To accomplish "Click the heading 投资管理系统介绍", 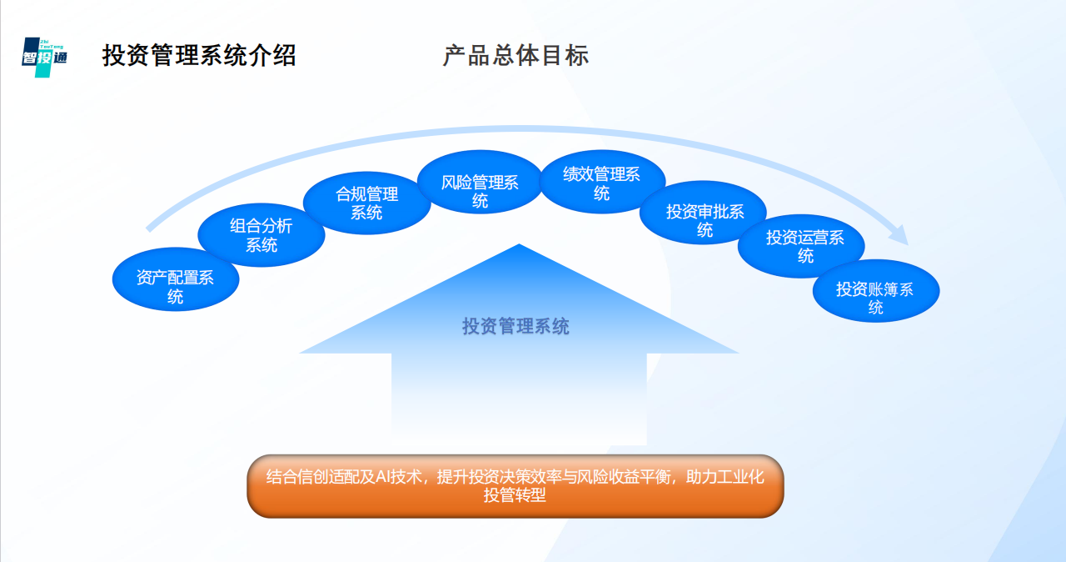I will pos(199,56).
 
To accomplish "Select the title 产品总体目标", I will pos(516,56).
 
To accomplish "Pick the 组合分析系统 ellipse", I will pos(261,234).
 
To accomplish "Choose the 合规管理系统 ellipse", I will pos(366,203).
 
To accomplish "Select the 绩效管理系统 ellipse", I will pos(601,183).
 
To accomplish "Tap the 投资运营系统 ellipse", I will pos(800,246).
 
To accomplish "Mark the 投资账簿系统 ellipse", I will pos(875,298).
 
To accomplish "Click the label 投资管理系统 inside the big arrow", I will pos(516,326).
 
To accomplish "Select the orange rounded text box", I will pos(516,486).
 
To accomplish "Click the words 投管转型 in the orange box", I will pos(516,495).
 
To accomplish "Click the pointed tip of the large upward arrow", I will pos(519,247).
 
